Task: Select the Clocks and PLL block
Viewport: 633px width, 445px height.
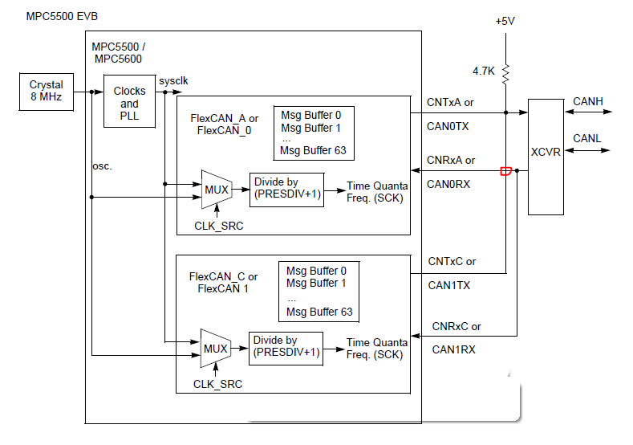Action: click(129, 102)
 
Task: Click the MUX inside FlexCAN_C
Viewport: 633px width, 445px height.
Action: click(215, 348)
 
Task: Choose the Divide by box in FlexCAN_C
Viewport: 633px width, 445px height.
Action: click(286, 347)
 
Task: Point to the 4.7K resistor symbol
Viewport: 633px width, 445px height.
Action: click(505, 74)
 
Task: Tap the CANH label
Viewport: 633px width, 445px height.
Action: click(587, 101)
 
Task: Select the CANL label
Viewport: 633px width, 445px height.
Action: click(586, 139)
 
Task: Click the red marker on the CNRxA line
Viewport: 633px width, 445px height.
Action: click(505, 170)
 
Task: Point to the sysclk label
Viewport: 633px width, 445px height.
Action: click(173, 81)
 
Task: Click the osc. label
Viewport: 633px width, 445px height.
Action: click(102, 165)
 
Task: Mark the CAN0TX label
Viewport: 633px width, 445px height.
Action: click(448, 126)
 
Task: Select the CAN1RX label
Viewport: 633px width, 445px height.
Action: click(453, 349)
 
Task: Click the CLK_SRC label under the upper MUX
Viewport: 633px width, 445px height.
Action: click(218, 226)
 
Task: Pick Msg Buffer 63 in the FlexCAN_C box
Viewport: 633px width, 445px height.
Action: click(319, 312)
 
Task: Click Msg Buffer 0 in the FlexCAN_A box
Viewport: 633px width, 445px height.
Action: click(311, 115)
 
